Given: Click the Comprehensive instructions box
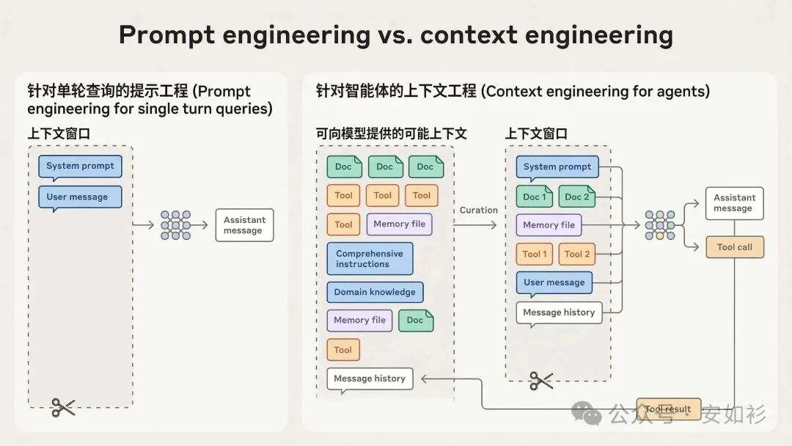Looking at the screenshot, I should click(370, 259).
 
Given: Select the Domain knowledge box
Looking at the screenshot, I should click(375, 292).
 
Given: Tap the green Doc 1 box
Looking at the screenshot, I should click(535, 197).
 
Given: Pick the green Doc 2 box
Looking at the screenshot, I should click(577, 197).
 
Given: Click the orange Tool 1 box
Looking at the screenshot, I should click(535, 254).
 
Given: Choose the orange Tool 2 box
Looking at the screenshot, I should click(577, 254).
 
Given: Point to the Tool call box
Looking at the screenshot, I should click(734, 247).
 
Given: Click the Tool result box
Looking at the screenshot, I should click(668, 409).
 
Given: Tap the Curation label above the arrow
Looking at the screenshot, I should click(479, 210).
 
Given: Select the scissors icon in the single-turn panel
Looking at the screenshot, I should click(63, 407).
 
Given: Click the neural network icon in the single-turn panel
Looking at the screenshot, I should click(175, 225).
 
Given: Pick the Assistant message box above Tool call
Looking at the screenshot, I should click(734, 202).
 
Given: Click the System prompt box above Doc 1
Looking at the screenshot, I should click(557, 167).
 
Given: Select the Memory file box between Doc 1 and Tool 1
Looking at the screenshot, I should click(549, 225).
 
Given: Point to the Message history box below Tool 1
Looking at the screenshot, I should click(559, 312).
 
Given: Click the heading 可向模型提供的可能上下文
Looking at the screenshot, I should click(391, 134).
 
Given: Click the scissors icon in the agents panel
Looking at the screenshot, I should click(541, 380).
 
